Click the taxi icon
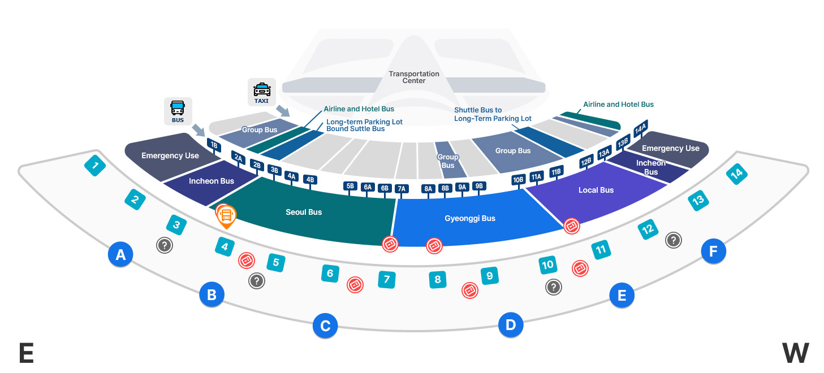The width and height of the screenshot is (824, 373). click(262, 92)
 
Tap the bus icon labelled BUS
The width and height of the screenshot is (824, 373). click(178, 111)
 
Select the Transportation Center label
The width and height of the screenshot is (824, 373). click(414, 77)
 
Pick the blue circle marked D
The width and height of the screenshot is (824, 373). click(511, 325)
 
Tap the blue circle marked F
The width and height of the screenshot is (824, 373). click(713, 251)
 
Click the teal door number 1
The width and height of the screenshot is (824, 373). click(95, 166)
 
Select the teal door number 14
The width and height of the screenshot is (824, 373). click(736, 174)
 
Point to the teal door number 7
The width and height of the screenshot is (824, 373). click(387, 279)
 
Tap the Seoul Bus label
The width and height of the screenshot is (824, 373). click(304, 212)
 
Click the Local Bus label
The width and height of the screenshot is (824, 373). click(596, 190)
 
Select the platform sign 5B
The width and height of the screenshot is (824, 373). click(350, 186)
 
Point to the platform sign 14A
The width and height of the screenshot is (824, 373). click(641, 128)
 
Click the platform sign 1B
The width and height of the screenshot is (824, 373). click(214, 145)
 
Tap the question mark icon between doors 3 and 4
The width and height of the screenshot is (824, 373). click(164, 245)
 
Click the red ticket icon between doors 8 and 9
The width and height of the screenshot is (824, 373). click(469, 290)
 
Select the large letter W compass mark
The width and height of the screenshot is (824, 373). click(795, 353)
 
